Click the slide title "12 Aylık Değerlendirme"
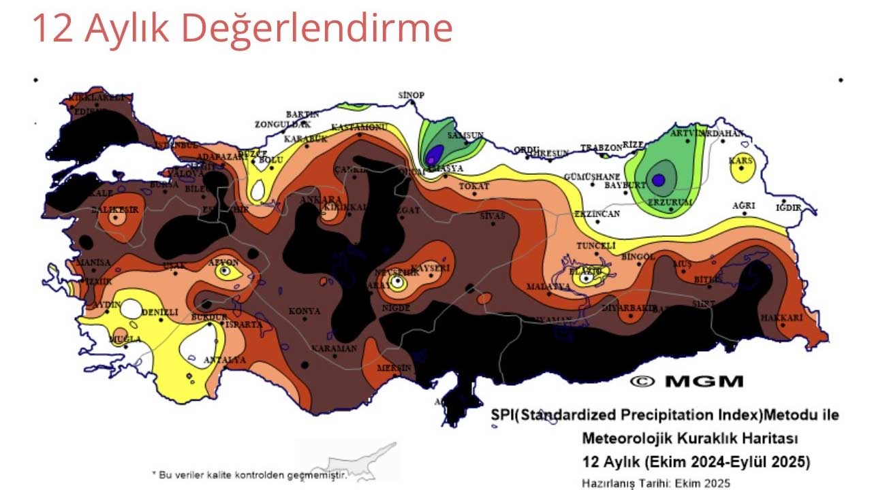(x=242, y=29)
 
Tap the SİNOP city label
(x=411, y=95)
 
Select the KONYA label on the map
(x=304, y=312)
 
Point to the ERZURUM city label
(x=670, y=203)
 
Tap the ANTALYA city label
(x=225, y=360)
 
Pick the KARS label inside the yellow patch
(x=741, y=161)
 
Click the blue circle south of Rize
(x=658, y=180)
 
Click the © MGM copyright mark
(x=686, y=382)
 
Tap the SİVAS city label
(x=493, y=216)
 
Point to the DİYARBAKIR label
(x=629, y=308)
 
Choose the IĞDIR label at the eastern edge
(x=788, y=208)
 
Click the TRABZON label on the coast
(x=601, y=148)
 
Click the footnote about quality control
(x=249, y=474)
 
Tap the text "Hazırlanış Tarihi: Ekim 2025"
(x=655, y=483)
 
